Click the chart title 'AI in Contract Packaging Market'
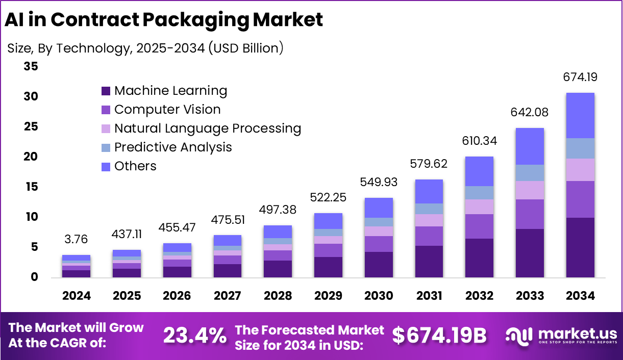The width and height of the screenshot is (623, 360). [x=164, y=19]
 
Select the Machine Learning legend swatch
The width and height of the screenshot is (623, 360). [x=106, y=91]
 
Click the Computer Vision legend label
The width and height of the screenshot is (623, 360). [x=167, y=110]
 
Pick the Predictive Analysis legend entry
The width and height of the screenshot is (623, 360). [x=173, y=147]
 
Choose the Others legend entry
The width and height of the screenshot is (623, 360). [x=135, y=166]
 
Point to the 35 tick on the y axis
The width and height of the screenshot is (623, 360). [x=31, y=66]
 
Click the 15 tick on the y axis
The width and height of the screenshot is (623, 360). [x=31, y=187]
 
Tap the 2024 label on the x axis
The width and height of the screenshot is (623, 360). [x=77, y=296]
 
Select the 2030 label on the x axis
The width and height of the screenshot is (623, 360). [x=379, y=296]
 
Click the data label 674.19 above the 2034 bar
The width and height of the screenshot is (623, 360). [x=580, y=78]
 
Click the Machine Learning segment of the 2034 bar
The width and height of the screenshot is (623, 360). [x=580, y=247]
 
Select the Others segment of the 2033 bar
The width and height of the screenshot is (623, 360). [x=530, y=146]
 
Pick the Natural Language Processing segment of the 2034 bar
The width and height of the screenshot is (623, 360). [x=580, y=170]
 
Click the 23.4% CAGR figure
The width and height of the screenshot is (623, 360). [x=195, y=336]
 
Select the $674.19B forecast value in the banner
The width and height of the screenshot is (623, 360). [x=439, y=336]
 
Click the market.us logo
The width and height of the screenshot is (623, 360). [x=561, y=336]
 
